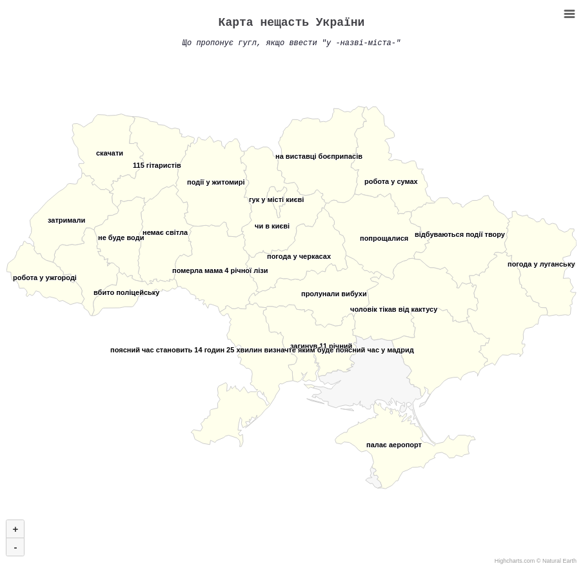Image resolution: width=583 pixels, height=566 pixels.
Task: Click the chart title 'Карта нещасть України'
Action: (x=291, y=23)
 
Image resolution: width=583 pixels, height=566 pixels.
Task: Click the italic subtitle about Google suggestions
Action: (x=291, y=43)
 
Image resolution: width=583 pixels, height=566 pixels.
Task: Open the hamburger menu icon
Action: (x=569, y=14)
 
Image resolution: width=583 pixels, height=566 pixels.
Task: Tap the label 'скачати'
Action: (x=110, y=154)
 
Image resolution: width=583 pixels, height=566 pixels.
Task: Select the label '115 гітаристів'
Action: (x=157, y=166)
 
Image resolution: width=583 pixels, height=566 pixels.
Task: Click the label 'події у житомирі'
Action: (x=215, y=183)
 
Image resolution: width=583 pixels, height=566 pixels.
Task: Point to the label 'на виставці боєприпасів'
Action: (x=319, y=157)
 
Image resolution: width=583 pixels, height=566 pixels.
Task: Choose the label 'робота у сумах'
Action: (x=391, y=182)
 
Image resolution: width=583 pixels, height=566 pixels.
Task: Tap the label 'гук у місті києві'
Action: (x=276, y=200)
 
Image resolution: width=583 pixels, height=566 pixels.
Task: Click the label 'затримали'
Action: (x=66, y=221)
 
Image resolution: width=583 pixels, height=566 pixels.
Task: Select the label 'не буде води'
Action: (x=121, y=238)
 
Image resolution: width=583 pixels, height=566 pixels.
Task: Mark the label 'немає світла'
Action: (x=165, y=233)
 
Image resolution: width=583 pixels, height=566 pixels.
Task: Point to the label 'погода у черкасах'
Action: (x=299, y=257)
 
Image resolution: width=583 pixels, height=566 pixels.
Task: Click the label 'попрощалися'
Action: (x=384, y=239)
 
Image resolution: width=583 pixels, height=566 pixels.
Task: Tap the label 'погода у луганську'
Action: (x=541, y=265)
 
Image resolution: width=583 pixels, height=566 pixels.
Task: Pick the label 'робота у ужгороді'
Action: (x=44, y=278)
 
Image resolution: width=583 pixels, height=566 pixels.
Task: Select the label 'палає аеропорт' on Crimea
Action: (x=393, y=445)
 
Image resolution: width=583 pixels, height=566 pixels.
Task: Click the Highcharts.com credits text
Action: (x=535, y=561)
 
